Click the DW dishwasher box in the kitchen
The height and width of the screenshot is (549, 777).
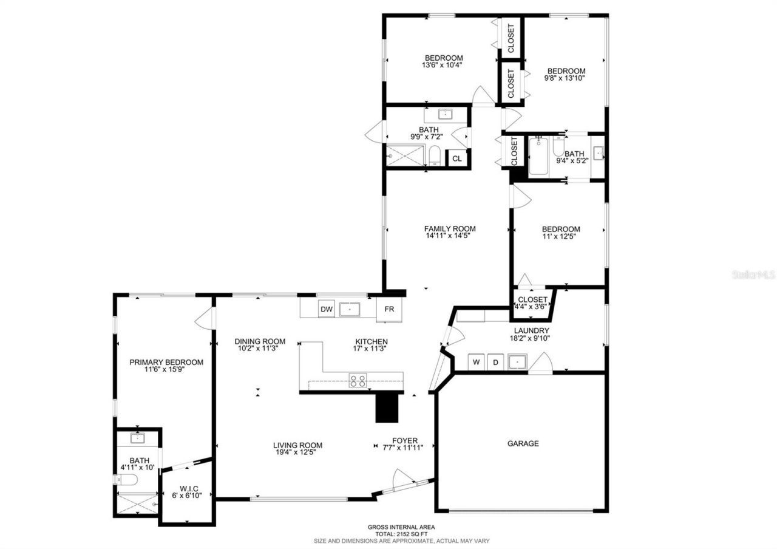[x=327, y=309]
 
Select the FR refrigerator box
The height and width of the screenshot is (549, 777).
[x=389, y=309]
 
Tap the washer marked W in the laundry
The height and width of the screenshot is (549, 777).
[x=477, y=363]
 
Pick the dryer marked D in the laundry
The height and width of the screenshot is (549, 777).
[x=495, y=363]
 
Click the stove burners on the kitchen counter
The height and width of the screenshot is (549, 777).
[x=358, y=381]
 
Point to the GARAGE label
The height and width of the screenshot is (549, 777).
[x=523, y=443]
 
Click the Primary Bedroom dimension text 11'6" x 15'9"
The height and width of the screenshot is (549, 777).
[x=166, y=370]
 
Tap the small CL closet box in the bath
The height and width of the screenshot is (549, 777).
[x=456, y=159]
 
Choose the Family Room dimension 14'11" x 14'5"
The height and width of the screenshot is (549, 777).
[x=450, y=236]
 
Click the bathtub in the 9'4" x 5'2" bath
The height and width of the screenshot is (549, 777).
[x=538, y=156]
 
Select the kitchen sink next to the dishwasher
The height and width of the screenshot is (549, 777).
[x=350, y=309]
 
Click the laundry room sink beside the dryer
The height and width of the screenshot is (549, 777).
[x=517, y=363]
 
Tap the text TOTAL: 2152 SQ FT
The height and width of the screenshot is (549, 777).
[x=401, y=534]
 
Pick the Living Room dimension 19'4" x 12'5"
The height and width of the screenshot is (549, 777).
[x=297, y=452]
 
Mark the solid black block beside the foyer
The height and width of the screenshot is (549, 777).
[x=387, y=406]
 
